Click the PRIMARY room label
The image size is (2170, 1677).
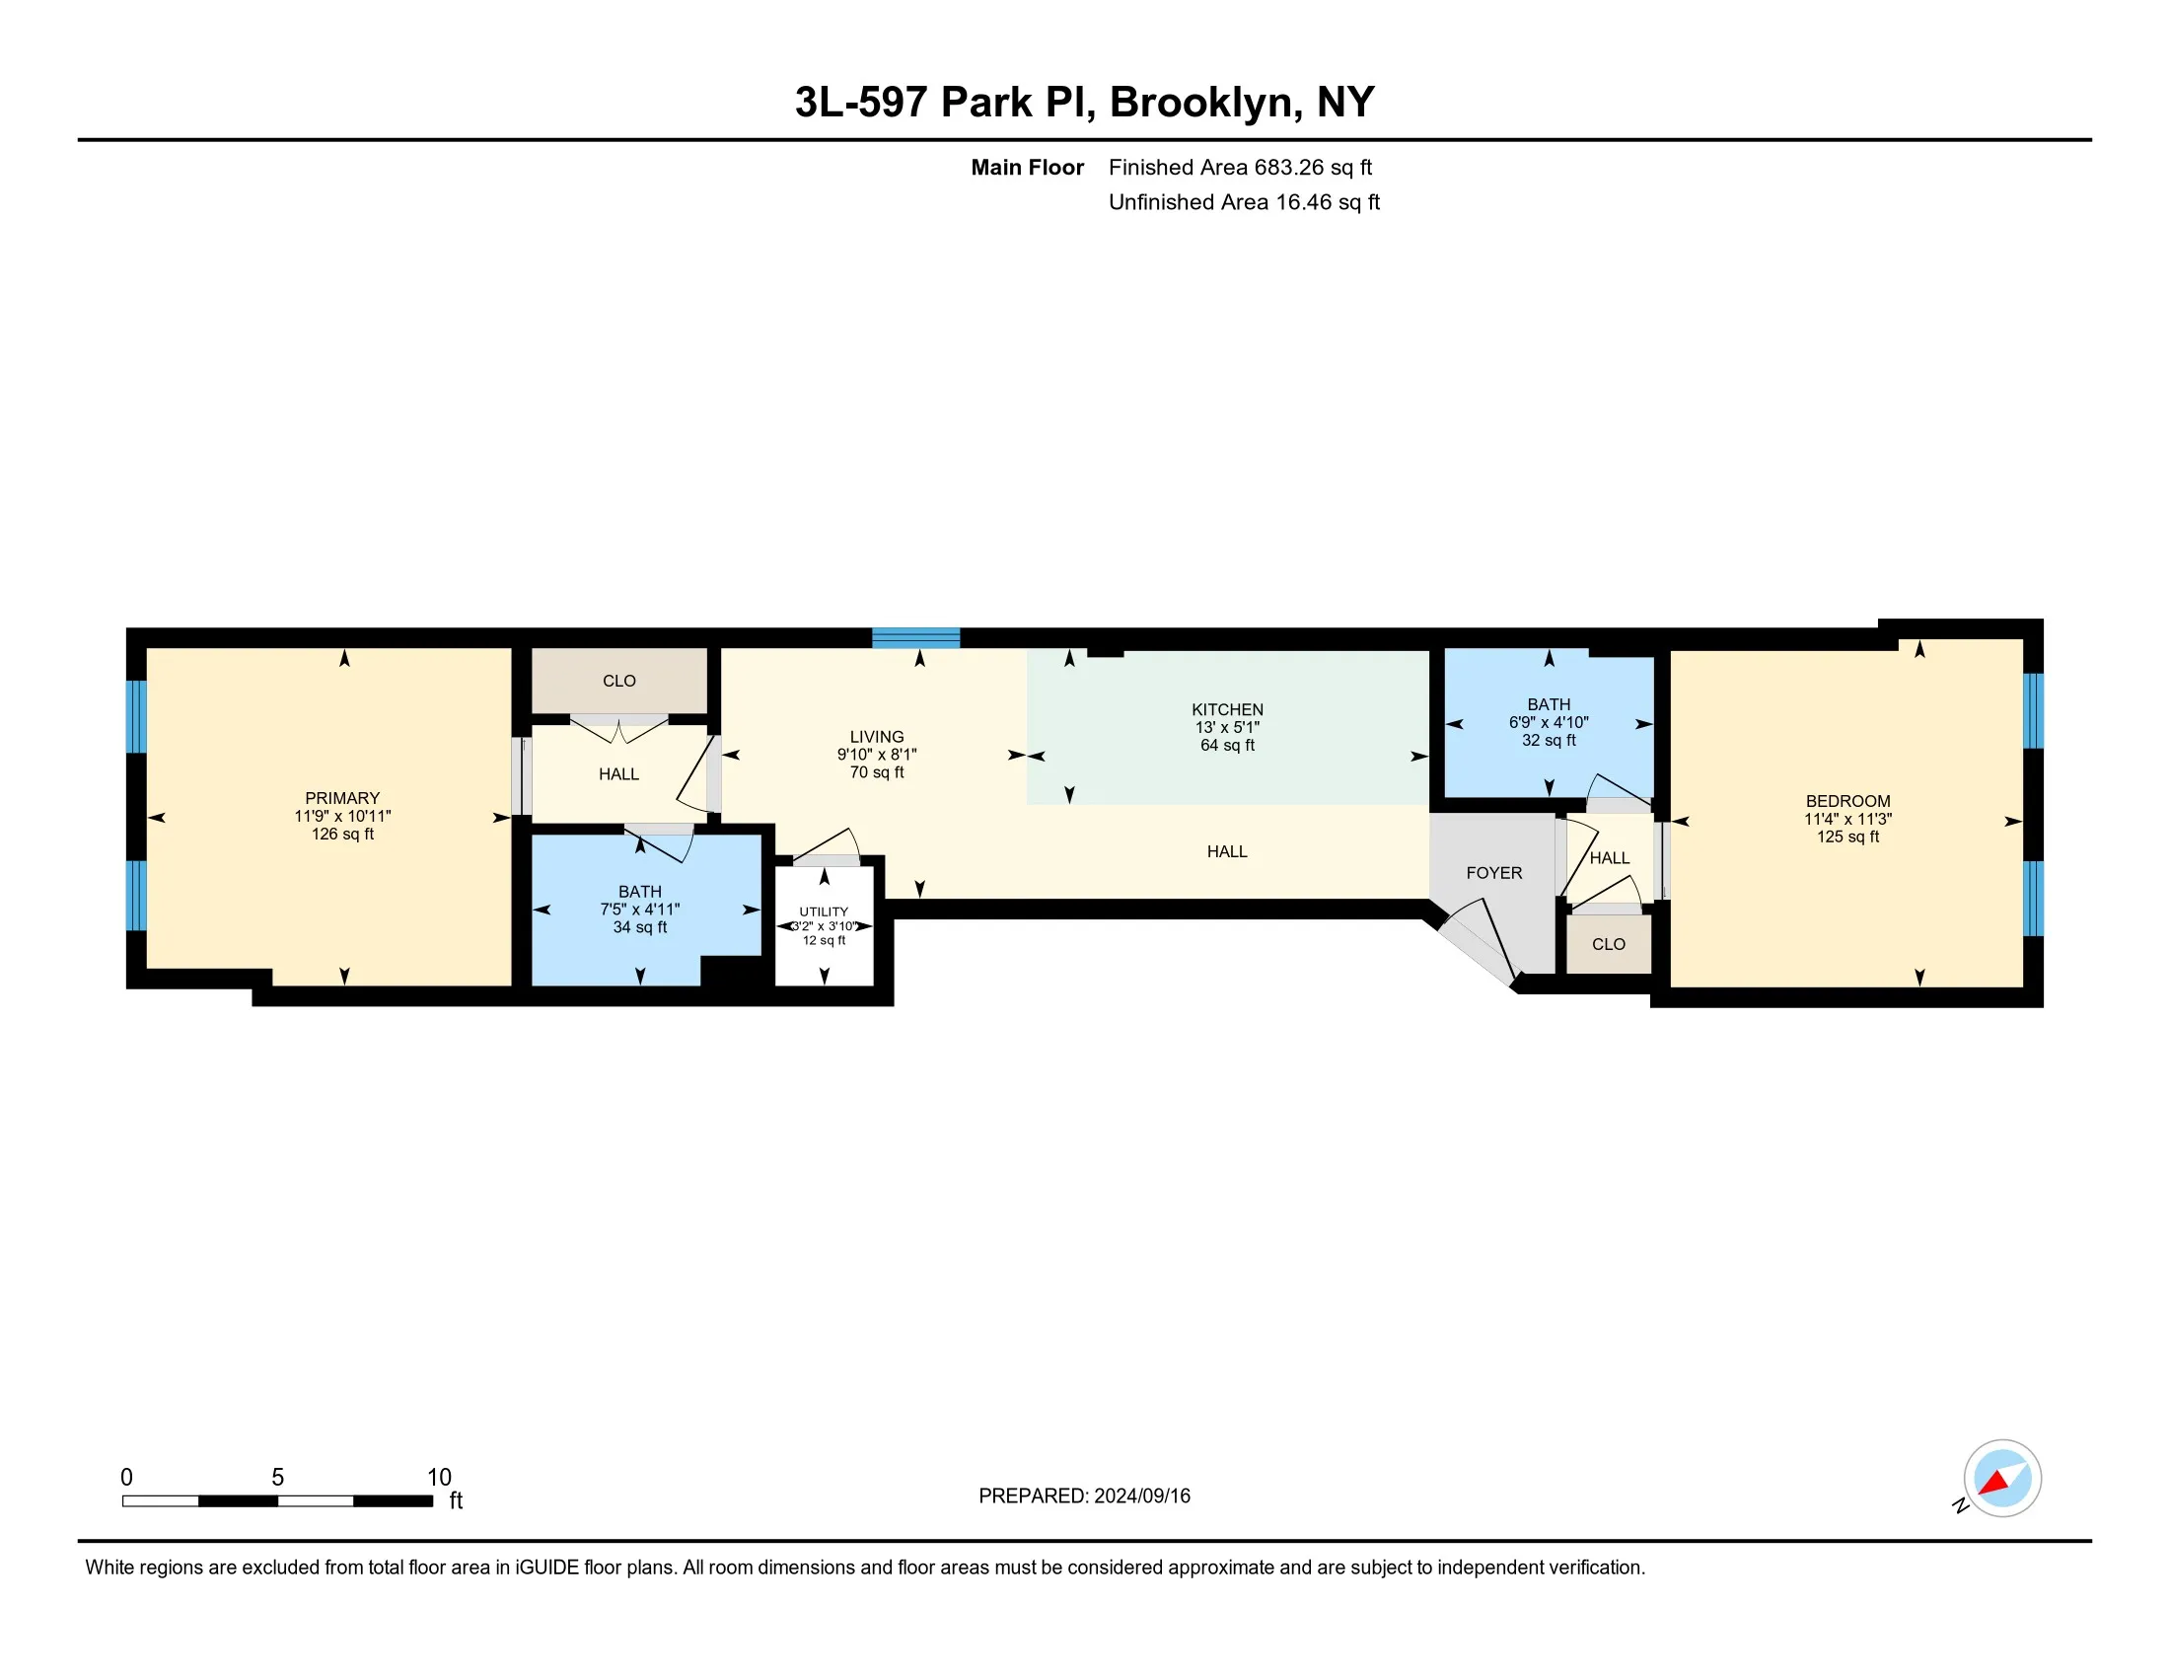coord(342,798)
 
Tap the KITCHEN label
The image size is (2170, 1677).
coord(1227,709)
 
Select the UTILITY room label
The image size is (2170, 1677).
coord(824,911)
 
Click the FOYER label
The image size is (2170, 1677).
coord(1493,872)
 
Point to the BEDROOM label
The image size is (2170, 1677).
coord(1847,801)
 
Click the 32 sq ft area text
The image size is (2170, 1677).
coord(1548,740)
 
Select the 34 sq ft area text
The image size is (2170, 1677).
coord(639,927)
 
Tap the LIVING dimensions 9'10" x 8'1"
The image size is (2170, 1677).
coord(876,754)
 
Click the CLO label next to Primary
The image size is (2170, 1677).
coord(619,681)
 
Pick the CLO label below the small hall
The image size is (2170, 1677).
coord(1608,944)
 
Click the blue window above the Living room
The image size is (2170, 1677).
coord(916,638)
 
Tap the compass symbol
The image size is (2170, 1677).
coord(2001,1479)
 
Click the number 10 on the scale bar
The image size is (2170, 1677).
coord(439,1478)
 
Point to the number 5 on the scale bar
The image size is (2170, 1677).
coord(278,1478)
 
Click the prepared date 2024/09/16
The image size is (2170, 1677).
coord(1141,1496)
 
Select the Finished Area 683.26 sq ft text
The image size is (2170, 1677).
coord(1240,167)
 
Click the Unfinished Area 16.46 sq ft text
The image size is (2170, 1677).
coord(1244,201)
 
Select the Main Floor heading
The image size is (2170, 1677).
coord(1027,167)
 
